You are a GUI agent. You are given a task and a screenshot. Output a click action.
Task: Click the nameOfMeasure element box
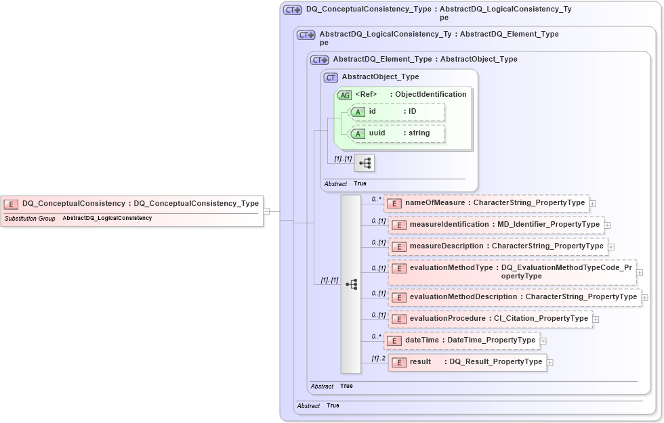point(486,202)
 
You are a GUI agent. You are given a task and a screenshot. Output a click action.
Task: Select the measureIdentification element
point(497,225)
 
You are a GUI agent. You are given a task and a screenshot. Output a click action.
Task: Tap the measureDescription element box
point(498,246)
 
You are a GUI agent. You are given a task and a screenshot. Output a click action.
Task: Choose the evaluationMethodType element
point(512,271)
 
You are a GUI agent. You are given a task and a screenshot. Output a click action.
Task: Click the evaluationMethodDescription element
point(515,297)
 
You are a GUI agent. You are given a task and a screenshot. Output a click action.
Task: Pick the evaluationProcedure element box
point(491,319)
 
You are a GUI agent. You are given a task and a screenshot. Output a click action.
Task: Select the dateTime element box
point(462,340)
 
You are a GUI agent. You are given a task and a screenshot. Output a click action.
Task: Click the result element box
point(468,362)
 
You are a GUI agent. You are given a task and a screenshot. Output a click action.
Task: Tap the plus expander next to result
point(550,363)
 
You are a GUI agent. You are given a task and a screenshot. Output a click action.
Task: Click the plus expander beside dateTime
point(543,341)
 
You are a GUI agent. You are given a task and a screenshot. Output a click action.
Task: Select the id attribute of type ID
point(396,112)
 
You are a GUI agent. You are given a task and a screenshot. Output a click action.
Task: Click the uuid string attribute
point(396,133)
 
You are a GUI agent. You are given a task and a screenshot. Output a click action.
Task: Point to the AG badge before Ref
point(344,95)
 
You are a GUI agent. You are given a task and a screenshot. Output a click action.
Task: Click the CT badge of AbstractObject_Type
point(331,78)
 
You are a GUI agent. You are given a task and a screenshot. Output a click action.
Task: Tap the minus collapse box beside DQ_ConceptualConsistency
point(267,210)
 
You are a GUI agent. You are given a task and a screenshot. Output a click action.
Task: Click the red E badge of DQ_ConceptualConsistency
point(11,204)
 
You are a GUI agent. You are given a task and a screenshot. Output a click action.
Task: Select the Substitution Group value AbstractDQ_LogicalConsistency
point(107,219)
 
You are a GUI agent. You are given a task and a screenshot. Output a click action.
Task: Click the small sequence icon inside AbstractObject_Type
point(365,163)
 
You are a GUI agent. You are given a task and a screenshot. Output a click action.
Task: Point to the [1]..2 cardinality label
point(378,358)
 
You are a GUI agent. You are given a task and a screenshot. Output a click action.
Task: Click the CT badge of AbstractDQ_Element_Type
point(319,60)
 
